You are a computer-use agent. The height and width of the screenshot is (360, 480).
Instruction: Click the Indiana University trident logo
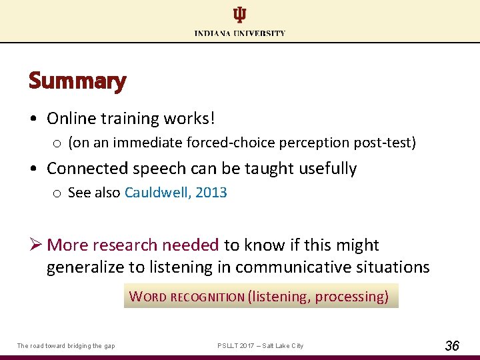(x=239, y=15)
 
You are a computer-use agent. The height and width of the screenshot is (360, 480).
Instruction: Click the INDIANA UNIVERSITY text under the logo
(x=240, y=33)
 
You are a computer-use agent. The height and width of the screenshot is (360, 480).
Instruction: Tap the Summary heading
(x=77, y=81)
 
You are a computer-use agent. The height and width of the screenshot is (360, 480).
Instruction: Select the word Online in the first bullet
(x=71, y=119)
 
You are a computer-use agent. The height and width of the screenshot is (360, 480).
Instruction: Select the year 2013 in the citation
(x=211, y=193)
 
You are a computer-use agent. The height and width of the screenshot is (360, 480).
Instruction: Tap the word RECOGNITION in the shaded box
(x=207, y=297)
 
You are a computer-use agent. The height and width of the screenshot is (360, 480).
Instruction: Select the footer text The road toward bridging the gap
(x=66, y=345)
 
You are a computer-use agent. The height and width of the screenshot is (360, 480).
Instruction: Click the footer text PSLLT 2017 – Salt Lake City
(x=260, y=345)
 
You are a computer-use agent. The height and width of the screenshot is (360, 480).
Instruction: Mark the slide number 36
(x=451, y=345)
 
